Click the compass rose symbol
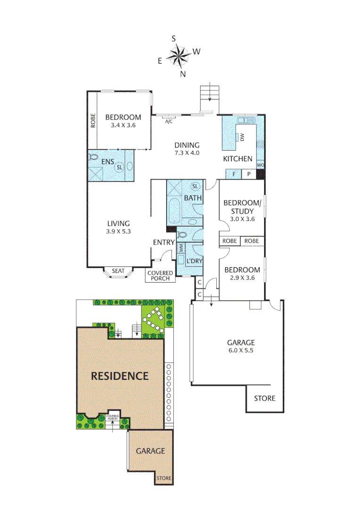[179, 56]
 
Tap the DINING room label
[187, 145]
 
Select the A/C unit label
[169, 122]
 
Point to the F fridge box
[234, 174]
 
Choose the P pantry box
[248, 174]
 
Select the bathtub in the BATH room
[174, 211]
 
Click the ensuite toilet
[93, 157]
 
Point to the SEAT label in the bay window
[118, 271]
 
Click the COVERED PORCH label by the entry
[160, 276]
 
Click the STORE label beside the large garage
[264, 398]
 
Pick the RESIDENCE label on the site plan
[120, 376]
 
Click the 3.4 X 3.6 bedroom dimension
[123, 125]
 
